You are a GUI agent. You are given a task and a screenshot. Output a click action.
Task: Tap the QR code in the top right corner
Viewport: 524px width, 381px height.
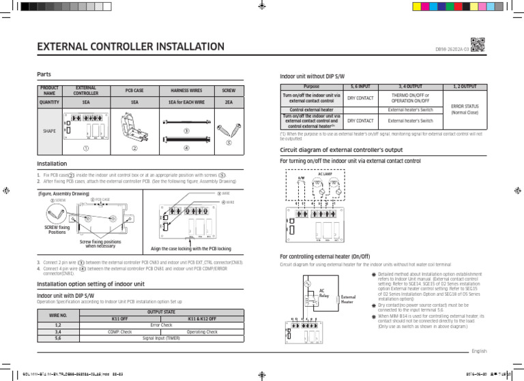(x=478, y=44)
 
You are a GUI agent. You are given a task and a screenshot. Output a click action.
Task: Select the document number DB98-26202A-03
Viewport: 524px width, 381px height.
(x=450, y=49)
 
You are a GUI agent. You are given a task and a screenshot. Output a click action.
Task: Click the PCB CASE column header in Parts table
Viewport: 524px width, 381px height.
(x=134, y=90)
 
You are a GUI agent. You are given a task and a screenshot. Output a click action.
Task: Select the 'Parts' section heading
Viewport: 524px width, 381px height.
(x=44, y=74)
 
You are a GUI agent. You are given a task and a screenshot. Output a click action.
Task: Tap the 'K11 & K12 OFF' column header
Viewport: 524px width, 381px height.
(x=201, y=319)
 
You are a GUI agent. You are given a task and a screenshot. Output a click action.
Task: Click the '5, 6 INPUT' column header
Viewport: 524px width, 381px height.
(x=360, y=87)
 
